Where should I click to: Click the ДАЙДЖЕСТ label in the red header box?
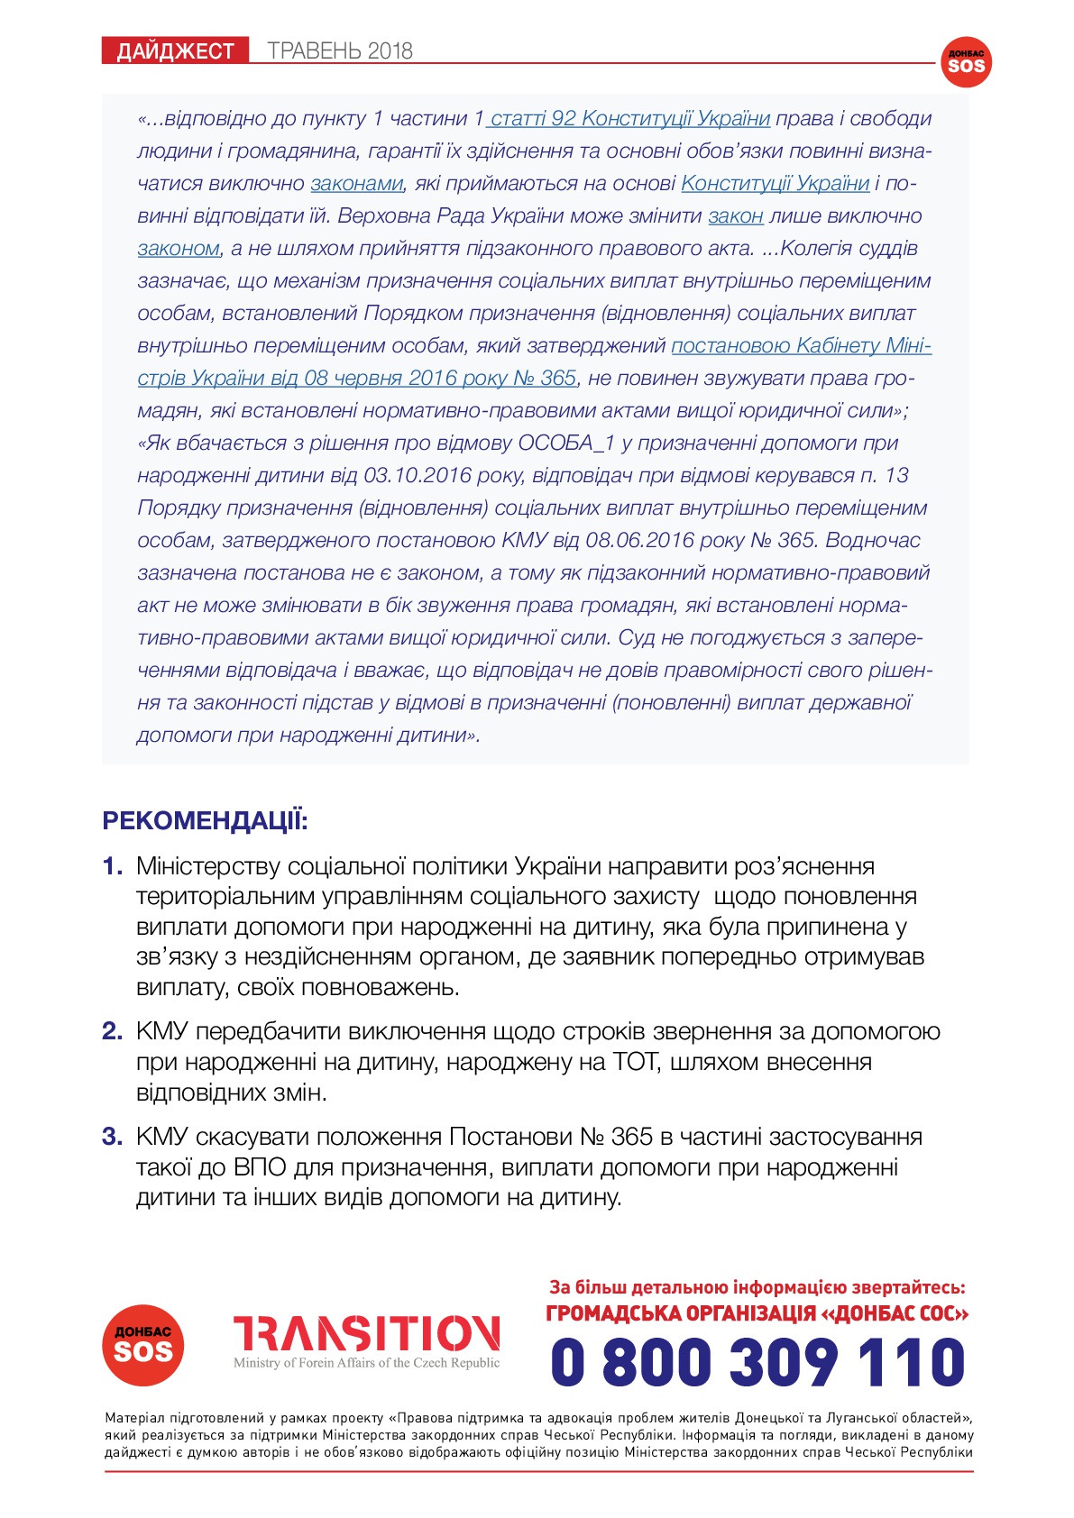click(175, 50)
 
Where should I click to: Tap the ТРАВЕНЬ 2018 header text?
click(340, 50)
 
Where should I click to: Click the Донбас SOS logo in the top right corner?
click(965, 62)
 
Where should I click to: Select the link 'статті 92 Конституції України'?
click(630, 119)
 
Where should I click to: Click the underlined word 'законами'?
click(356, 184)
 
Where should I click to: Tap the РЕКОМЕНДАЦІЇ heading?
click(206, 821)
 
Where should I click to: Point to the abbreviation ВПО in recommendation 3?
click(259, 1167)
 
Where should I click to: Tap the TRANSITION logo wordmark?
click(366, 1333)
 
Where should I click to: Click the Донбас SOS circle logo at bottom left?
click(143, 1345)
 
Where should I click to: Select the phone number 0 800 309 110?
click(757, 1361)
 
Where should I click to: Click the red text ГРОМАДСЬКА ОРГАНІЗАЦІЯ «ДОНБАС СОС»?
click(757, 1314)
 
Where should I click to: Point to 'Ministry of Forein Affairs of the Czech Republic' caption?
click(366, 1363)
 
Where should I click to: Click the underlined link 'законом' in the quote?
click(179, 249)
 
